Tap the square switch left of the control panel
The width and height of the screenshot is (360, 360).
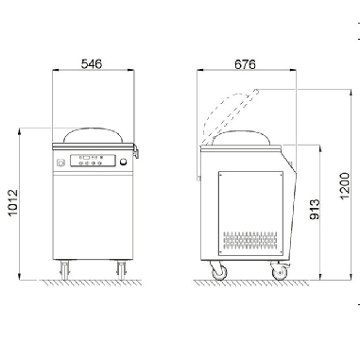click(x=62, y=163)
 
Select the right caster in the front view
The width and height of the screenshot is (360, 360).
click(x=120, y=269)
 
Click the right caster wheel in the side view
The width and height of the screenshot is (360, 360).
click(x=280, y=272)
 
